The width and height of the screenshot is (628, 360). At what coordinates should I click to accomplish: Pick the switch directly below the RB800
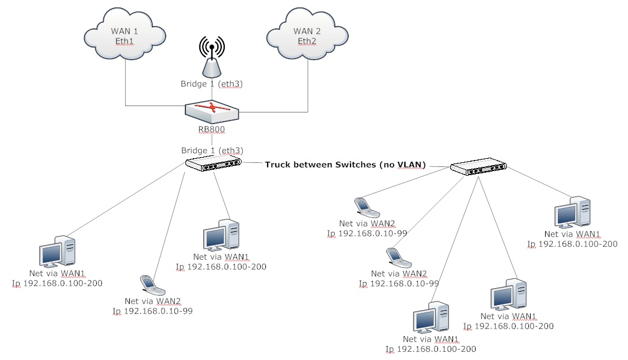(x=213, y=164)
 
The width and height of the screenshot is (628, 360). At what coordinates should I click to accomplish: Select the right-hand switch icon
(x=479, y=168)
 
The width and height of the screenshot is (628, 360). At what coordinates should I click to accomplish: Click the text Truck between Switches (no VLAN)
(x=345, y=165)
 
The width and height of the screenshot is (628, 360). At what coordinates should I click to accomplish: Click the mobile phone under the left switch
(x=149, y=283)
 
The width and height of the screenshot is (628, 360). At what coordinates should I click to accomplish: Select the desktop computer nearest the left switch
(x=221, y=235)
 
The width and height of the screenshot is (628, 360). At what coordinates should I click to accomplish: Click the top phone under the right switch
(x=363, y=206)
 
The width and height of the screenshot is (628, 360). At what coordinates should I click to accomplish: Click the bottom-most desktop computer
(x=430, y=318)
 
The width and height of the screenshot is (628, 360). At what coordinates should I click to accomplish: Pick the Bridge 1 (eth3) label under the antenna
(x=211, y=85)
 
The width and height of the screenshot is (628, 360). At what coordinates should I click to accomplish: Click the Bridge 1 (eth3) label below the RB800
(x=211, y=150)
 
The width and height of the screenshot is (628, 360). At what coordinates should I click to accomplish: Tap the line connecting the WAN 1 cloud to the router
(x=126, y=87)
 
